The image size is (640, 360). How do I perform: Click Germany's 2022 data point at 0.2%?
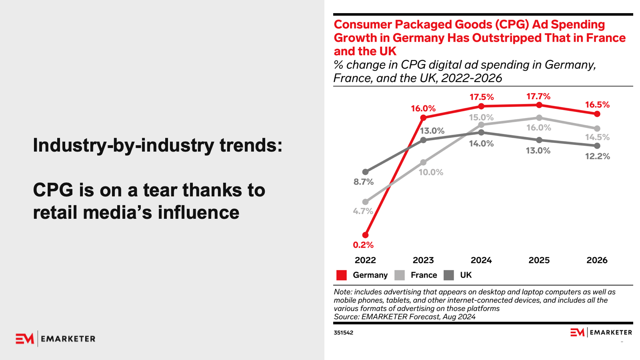365,235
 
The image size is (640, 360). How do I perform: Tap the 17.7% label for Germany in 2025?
538,96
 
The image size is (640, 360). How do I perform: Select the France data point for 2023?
423,162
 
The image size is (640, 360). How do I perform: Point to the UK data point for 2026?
597,146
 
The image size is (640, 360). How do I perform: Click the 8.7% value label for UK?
363,182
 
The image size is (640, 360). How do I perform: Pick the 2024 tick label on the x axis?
481,260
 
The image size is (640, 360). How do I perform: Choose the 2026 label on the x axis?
597,260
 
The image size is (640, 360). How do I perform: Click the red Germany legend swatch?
342,275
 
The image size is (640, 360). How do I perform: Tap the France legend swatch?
399,275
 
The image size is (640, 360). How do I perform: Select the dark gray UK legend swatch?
449,275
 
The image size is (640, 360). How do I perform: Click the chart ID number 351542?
343,333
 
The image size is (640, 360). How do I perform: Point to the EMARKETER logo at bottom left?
56,339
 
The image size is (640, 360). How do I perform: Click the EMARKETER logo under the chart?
601,332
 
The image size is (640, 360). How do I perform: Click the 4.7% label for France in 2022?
363,211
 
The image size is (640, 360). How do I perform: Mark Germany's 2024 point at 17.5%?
481,106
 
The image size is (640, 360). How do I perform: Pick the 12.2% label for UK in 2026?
597,156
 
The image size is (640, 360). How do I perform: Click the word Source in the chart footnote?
346,317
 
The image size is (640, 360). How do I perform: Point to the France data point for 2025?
539,118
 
